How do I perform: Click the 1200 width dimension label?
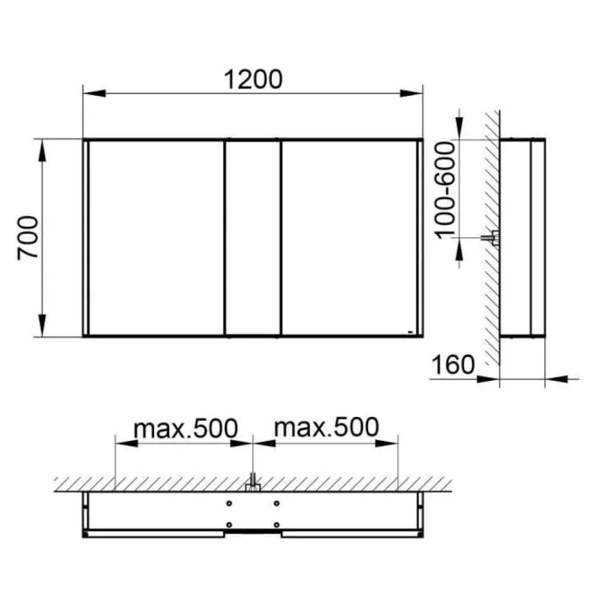pyautogui.click(x=253, y=80)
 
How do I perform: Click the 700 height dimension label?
pyautogui.click(x=29, y=238)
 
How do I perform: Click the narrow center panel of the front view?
pyautogui.click(x=252, y=238)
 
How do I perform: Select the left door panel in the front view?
pyautogui.click(x=156, y=238)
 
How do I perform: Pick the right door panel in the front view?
pyautogui.click(x=348, y=238)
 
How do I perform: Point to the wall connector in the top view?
pyautogui.click(x=252, y=484)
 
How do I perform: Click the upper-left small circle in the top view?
pyautogui.click(x=229, y=503)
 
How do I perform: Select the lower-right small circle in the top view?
pyautogui.click(x=276, y=524)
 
